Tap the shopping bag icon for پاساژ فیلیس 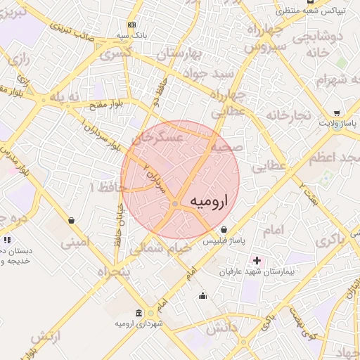click(x=224, y=229)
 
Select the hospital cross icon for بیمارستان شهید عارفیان click(x=257, y=261)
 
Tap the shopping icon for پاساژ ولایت click(x=337, y=113)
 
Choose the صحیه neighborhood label click(x=227, y=148)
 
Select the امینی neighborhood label click(x=75, y=243)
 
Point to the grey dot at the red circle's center click(x=175, y=204)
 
